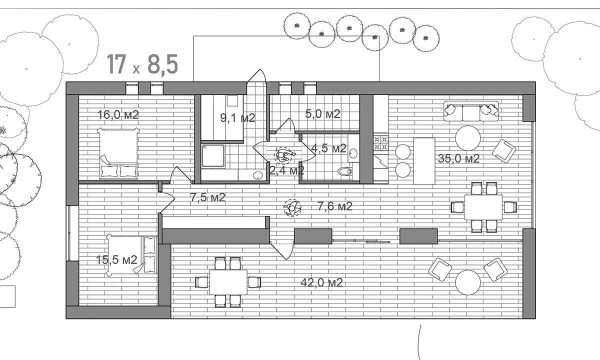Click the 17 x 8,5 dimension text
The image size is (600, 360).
coord(142,64)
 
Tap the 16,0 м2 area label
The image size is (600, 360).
coord(118,114)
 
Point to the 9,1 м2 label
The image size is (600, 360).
coord(238,118)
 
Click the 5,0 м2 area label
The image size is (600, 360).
coord(322,113)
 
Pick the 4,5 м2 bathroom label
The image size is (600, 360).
coord(328,148)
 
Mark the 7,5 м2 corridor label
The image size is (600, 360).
coord(207,197)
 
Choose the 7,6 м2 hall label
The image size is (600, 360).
coord(335,205)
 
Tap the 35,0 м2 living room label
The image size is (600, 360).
coord(458,159)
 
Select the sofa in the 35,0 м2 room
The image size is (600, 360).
coord(471,111)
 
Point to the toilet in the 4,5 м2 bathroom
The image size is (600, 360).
coord(344,172)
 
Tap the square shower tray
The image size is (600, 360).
coord(213,156)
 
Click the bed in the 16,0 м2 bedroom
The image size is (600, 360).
coord(119,153)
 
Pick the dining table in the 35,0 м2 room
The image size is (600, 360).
coord(483,207)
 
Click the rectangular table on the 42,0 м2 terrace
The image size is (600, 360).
coord(228,282)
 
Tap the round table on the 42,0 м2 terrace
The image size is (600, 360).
coord(468,282)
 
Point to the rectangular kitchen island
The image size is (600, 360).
coord(424,160)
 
